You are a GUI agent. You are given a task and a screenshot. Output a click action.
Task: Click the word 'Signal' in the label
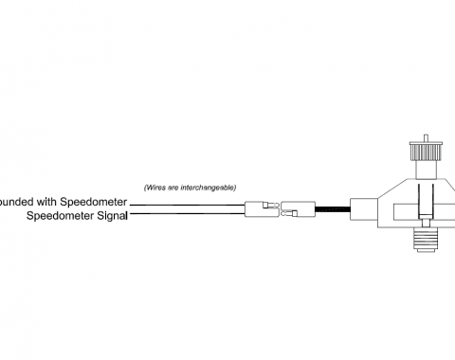point(106,216)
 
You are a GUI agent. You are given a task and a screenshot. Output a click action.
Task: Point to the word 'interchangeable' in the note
point(209,187)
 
